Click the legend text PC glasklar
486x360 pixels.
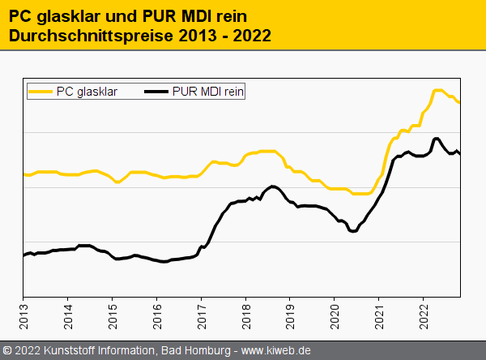click(x=87, y=92)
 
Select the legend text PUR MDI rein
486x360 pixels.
click(x=208, y=92)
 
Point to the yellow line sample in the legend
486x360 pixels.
click(x=40, y=92)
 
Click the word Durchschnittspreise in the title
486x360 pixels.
click(x=91, y=36)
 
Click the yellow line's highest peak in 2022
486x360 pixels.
click(x=437, y=90)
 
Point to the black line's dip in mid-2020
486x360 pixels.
click(x=352, y=231)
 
